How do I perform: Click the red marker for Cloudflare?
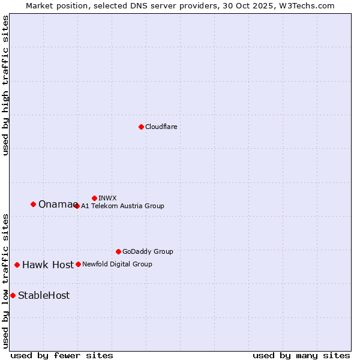(141, 127)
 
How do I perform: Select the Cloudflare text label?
(161, 127)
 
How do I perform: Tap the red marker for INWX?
(94, 198)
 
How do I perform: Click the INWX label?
(107, 198)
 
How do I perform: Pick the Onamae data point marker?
(33, 204)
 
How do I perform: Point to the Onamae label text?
(56, 205)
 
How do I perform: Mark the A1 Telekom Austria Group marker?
(77, 206)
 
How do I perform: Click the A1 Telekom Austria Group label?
(122, 206)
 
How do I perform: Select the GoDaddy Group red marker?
(118, 251)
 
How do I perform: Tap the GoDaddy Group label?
(148, 251)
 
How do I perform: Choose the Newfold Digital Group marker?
(78, 264)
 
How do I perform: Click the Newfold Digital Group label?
(117, 264)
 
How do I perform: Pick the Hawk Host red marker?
(17, 265)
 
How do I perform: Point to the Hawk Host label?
(48, 265)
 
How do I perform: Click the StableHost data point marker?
(13, 295)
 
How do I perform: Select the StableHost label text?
(44, 295)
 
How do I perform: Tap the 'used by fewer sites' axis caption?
(62, 355)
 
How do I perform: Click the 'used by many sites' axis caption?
(301, 355)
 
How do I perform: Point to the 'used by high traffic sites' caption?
(5, 85)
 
